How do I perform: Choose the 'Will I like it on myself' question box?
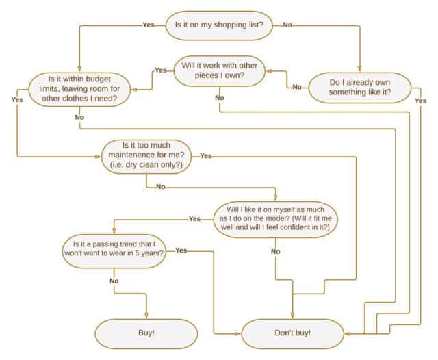276,218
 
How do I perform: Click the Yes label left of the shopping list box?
148,25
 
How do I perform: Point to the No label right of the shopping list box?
287,25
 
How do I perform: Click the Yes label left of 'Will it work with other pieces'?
160,70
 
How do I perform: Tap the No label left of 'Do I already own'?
297,87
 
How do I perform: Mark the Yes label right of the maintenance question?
206,156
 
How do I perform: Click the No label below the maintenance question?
160,186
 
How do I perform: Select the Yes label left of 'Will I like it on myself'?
194,218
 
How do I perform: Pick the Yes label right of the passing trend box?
181,250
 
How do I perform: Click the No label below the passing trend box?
114,281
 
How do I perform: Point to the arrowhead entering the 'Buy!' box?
146,316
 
